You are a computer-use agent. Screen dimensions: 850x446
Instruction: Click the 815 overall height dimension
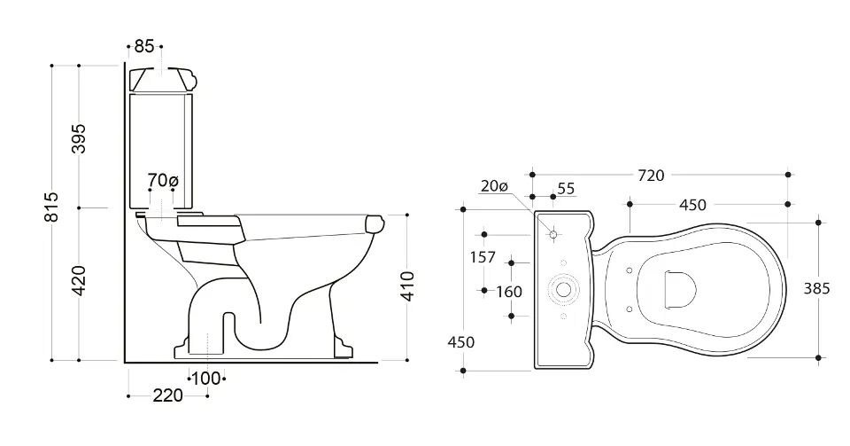(x=51, y=207)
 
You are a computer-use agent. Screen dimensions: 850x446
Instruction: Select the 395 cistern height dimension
(x=79, y=138)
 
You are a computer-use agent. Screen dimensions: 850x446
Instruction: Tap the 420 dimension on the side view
(x=79, y=280)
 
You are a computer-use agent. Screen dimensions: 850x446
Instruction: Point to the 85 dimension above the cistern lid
(x=144, y=47)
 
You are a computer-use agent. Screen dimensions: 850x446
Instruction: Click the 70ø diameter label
(x=163, y=180)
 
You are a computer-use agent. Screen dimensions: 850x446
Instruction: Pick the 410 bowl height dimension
(x=407, y=286)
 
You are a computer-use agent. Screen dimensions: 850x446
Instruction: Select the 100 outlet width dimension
(x=206, y=379)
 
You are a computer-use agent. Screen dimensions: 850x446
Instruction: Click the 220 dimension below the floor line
(x=168, y=395)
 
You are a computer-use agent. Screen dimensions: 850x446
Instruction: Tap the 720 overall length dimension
(x=651, y=176)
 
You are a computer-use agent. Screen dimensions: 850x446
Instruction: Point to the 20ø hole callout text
(x=494, y=186)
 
